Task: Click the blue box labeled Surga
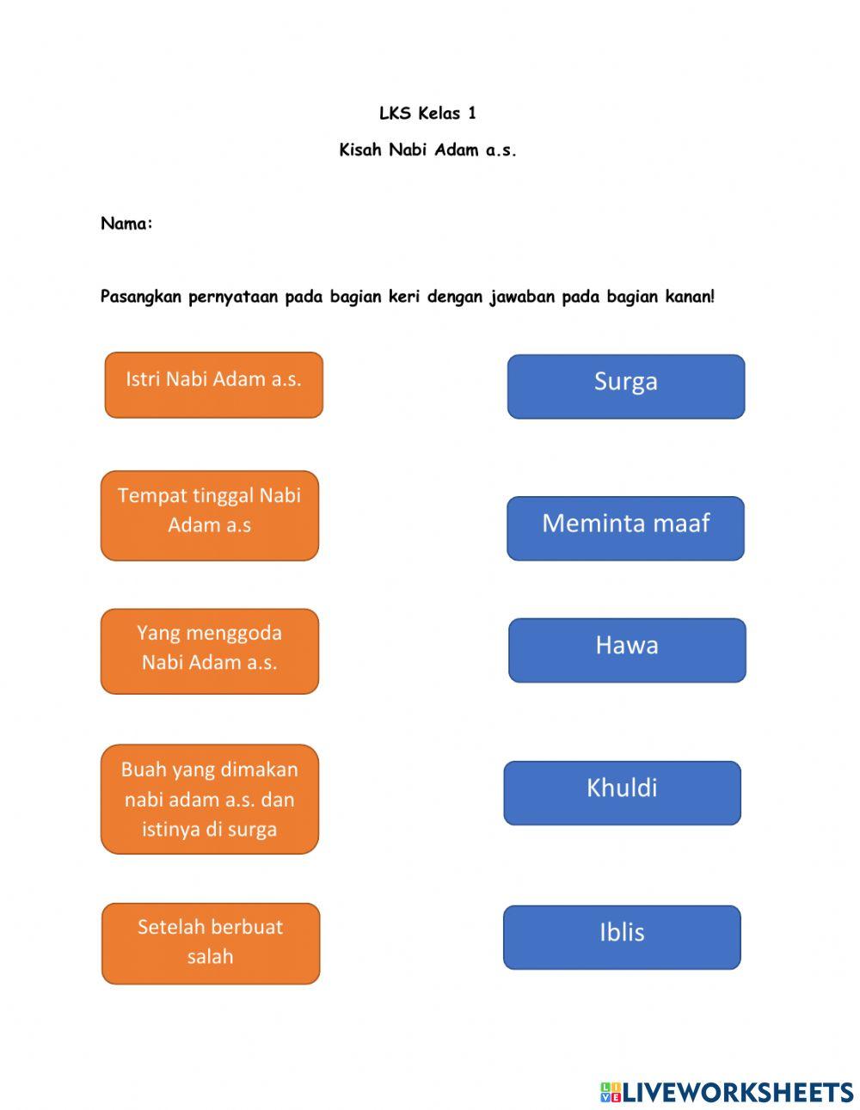pyautogui.click(x=625, y=386)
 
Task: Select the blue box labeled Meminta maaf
pyautogui.click(x=625, y=528)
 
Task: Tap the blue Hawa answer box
pyautogui.click(x=627, y=650)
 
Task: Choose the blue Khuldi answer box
pyautogui.click(x=622, y=793)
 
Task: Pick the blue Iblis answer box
pyautogui.click(x=622, y=937)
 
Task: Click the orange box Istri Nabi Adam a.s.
pyautogui.click(x=213, y=384)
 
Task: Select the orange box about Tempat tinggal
pyautogui.click(x=209, y=515)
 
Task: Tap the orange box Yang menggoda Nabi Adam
pyautogui.click(x=209, y=651)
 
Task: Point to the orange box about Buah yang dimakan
pyautogui.click(x=209, y=799)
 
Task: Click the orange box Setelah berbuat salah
pyautogui.click(x=211, y=943)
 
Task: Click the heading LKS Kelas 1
pyautogui.click(x=427, y=113)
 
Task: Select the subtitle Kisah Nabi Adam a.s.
pyautogui.click(x=427, y=150)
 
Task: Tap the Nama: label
pyautogui.click(x=126, y=224)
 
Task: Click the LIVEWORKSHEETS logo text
pyautogui.click(x=738, y=1092)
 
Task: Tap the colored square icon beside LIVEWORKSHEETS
pyautogui.click(x=611, y=1092)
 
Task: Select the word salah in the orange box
pyautogui.click(x=210, y=957)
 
